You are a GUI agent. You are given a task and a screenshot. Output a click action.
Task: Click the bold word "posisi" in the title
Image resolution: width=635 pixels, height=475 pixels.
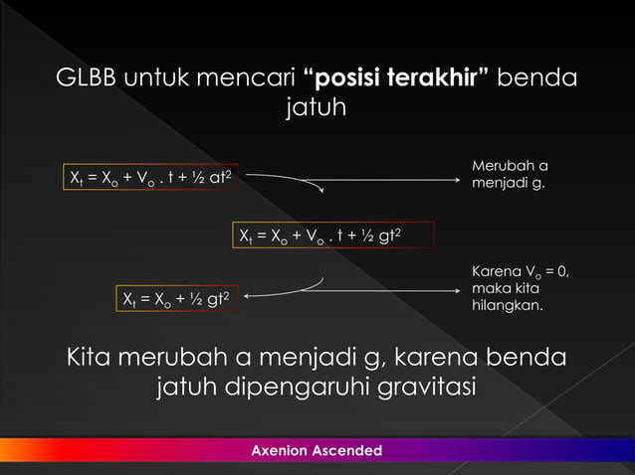tap(355, 78)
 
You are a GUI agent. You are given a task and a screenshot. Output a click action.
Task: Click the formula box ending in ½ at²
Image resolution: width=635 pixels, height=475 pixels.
tap(150, 178)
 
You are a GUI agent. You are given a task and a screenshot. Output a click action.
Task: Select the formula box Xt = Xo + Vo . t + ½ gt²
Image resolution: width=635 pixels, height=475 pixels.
tap(320, 236)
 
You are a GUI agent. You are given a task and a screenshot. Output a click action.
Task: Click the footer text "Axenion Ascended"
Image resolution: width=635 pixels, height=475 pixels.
tap(317, 451)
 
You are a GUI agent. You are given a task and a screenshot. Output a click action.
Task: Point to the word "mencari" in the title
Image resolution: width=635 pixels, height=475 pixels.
tap(248, 78)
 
